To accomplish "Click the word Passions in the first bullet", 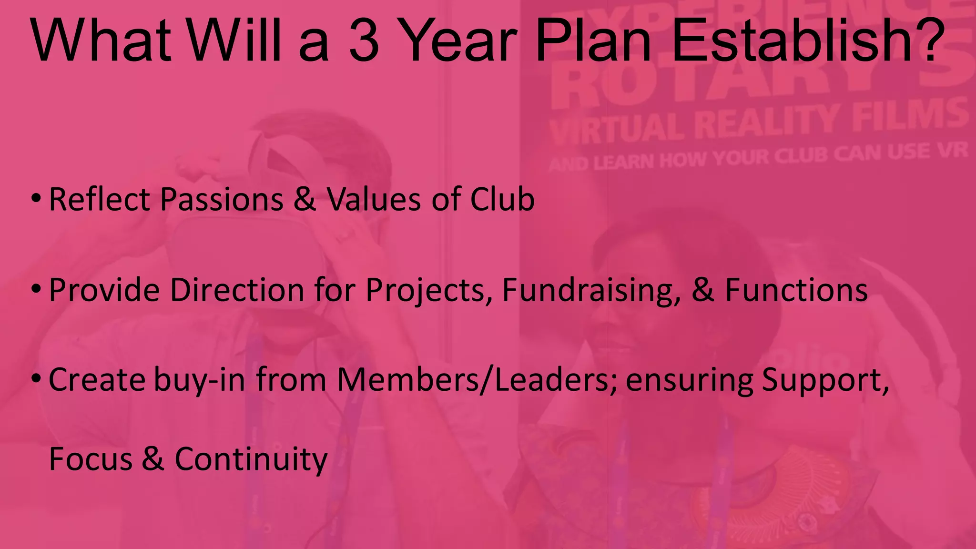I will (222, 199).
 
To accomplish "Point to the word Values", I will (375, 199).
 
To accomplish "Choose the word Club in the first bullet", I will (502, 199).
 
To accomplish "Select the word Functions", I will (796, 290).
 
